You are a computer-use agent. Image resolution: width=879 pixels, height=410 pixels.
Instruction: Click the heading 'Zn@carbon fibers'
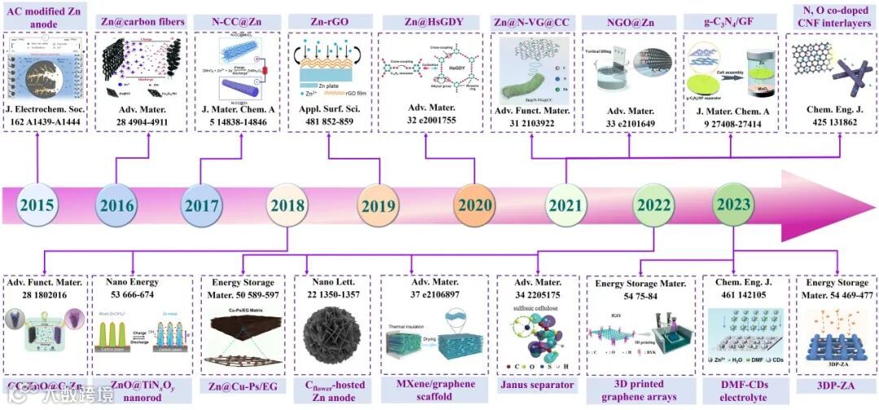click(x=142, y=20)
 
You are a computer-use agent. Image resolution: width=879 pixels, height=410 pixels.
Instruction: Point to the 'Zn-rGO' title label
click(x=328, y=20)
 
